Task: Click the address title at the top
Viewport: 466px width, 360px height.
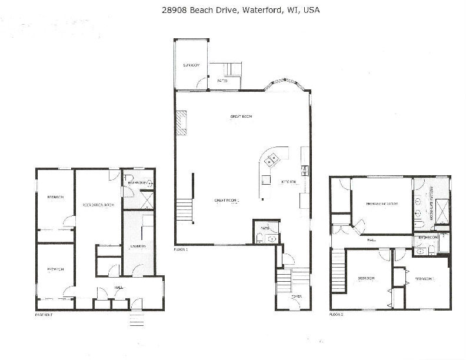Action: tap(232, 10)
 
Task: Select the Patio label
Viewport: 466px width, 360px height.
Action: tap(222, 81)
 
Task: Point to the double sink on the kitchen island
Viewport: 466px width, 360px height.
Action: tap(272, 159)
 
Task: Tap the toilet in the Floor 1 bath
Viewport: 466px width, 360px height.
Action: tap(259, 237)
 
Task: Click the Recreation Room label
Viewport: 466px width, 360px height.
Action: tap(98, 205)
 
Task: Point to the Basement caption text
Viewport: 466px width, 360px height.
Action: tap(44, 315)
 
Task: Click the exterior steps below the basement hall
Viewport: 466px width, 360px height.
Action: tap(137, 321)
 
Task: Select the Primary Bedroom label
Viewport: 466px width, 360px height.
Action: tap(382, 204)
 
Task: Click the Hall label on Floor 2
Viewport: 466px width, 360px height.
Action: tap(371, 240)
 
